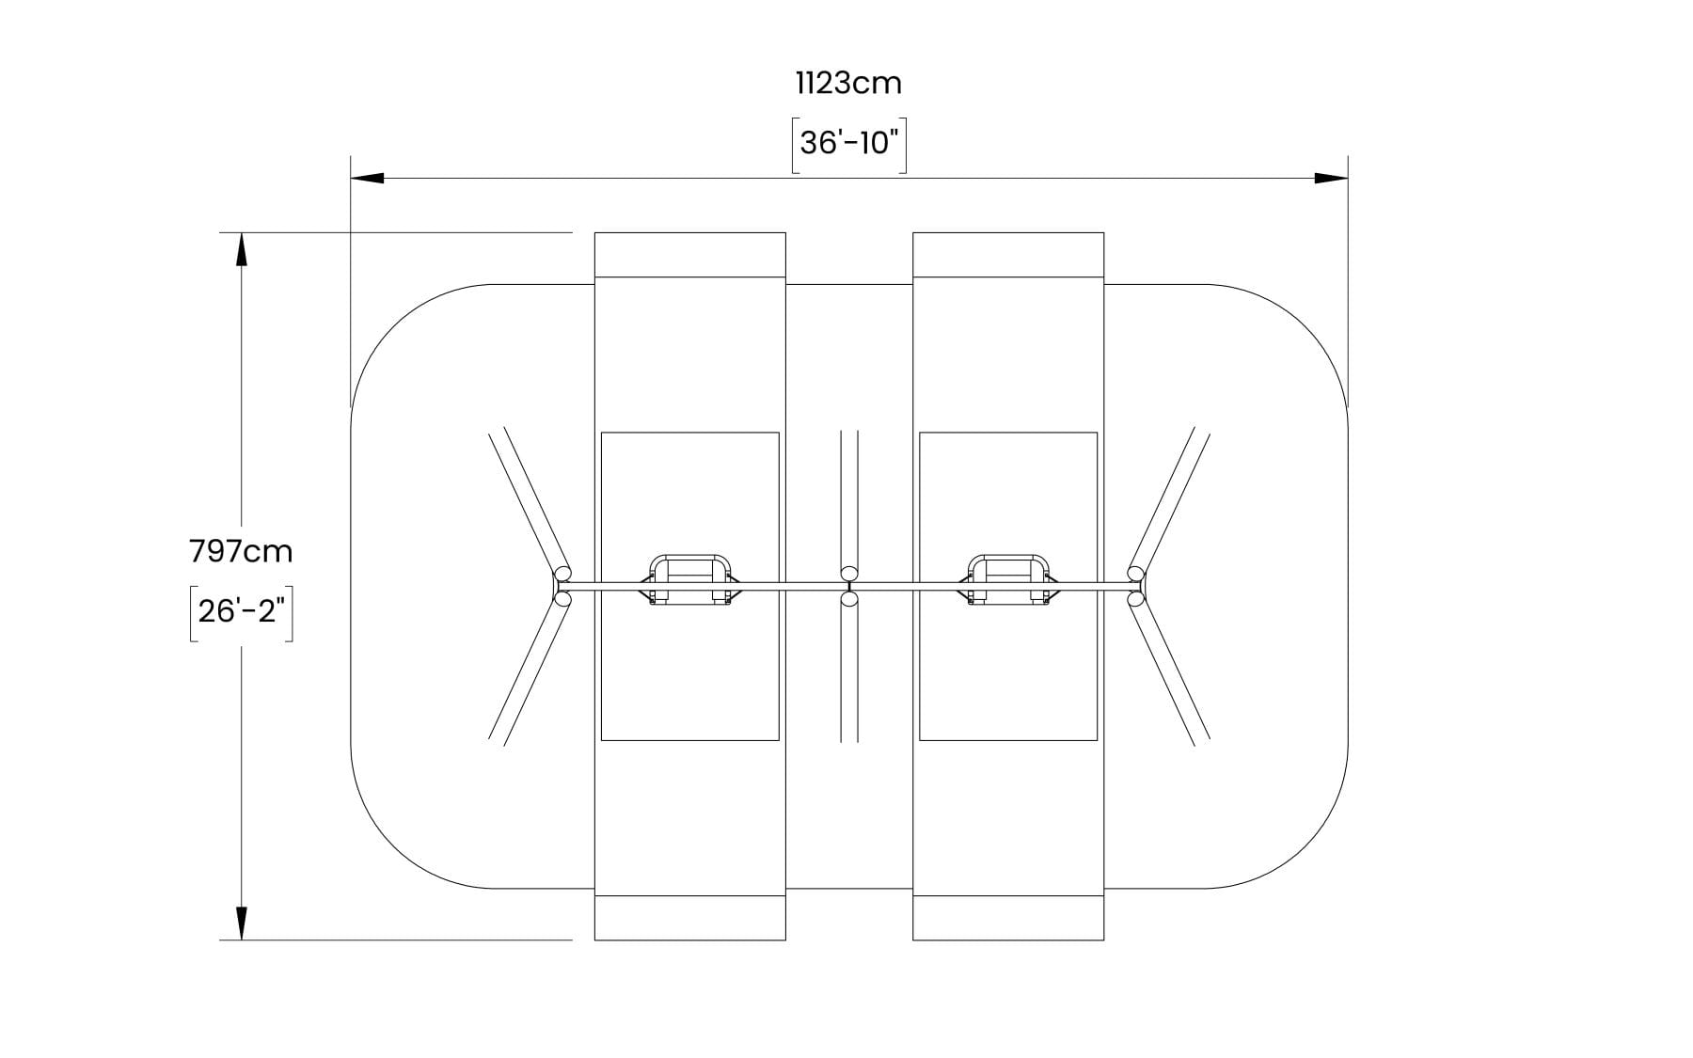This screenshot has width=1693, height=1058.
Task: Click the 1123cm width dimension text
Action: [x=848, y=84]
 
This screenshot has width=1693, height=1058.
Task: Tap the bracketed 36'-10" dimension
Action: [x=849, y=145]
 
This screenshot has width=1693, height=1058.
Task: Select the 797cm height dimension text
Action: [x=242, y=551]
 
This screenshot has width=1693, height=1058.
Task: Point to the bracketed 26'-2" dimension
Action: [x=242, y=611]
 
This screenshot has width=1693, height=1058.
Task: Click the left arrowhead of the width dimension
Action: [x=368, y=178]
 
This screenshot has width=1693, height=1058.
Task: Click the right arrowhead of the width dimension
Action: [x=1331, y=178]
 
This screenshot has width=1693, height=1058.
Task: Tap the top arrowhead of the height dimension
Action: [x=242, y=249]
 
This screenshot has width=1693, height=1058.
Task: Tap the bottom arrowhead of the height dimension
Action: [x=242, y=923]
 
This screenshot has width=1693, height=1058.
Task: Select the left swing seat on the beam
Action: [x=690, y=580]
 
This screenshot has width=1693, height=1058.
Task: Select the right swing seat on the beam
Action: [x=1008, y=580]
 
